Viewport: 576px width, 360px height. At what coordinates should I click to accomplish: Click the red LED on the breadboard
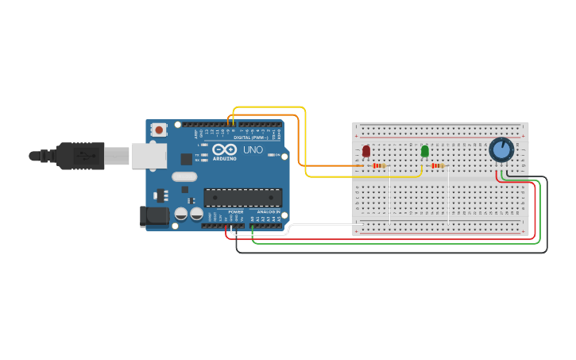pyautogui.click(x=366, y=151)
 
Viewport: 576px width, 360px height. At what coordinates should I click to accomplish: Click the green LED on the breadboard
pyautogui.click(x=425, y=151)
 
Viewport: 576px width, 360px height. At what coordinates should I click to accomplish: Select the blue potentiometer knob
pyautogui.click(x=501, y=149)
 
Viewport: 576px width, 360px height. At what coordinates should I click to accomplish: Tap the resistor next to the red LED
pyautogui.click(x=379, y=165)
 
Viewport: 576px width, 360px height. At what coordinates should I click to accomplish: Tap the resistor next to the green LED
pyautogui.click(x=438, y=165)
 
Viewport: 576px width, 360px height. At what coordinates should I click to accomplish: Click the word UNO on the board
pyautogui.click(x=253, y=149)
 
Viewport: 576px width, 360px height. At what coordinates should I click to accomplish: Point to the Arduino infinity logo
pyautogui.click(x=224, y=149)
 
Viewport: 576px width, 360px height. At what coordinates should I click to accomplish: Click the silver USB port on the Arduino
pyautogui.click(x=149, y=156)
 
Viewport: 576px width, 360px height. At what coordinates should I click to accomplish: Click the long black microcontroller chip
pyautogui.click(x=242, y=197)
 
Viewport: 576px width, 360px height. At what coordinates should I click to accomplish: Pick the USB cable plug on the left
pyautogui.click(x=79, y=156)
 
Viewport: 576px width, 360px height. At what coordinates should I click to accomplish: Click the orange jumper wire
pyautogui.click(x=300, y=139)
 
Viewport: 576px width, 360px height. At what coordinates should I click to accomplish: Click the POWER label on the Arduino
pyautogui.click(x=236, y=212)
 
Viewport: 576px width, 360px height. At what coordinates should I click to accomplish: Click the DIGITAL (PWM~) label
pyautogui.click(x=251, y=137)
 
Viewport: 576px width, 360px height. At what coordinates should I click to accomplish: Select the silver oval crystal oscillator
pyautogui.click(x=184, y=177)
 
